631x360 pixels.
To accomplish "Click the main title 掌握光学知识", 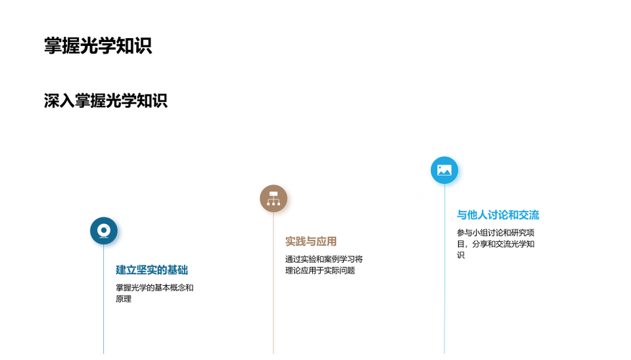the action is tap(98, 45).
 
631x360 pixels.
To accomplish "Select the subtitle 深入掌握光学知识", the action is tap(105, 101).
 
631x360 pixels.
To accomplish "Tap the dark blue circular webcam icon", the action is tap(104, 231).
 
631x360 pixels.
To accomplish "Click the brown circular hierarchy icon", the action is tap(273, 198).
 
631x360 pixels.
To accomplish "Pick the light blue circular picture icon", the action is tap(444, 170).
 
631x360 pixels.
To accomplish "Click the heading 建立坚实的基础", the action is tap(152, 270).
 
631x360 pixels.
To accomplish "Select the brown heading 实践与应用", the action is tap(311, 241).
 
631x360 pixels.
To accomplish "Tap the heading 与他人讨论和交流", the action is tap(498, 215).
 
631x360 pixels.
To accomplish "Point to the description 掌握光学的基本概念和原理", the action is tap(154, 293).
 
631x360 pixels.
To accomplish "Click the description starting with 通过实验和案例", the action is tap(324, 265).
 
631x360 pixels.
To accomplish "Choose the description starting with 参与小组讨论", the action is tap(496, 244).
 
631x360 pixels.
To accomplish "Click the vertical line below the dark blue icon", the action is tap(104, 300).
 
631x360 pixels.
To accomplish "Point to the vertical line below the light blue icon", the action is tap(444, 269).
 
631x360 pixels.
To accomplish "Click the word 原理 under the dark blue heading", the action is tap(124, 299).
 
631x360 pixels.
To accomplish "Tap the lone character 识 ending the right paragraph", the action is tap(461, 255).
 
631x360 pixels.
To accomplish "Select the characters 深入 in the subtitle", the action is tap(59, 101).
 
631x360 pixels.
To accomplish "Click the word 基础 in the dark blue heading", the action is tap(178, 270).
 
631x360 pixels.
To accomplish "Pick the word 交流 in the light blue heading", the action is tap(529, 215).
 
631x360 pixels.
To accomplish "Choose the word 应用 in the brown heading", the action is tap(327, 241).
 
